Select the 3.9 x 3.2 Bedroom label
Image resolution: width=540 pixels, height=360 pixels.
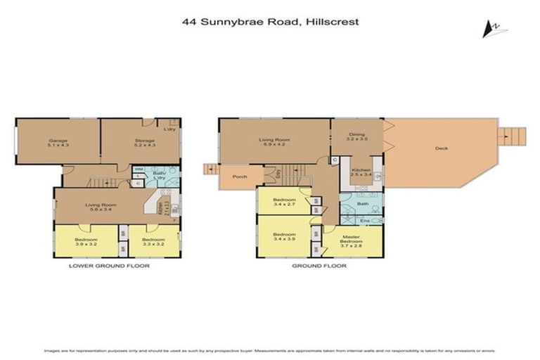click(x=87, y=242)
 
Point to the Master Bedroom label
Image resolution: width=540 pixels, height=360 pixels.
click(x=352, y=240)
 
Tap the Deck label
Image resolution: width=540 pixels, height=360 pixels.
click(x=441, y=148)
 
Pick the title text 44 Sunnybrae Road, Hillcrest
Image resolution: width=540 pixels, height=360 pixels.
click(x=270, y=22)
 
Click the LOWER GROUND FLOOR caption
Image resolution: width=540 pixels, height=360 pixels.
click(x=109, y=266)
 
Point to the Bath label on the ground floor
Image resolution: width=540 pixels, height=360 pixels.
click(x=362, y=205)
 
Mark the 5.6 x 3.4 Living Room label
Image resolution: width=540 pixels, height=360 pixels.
click(x=100, y=207)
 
